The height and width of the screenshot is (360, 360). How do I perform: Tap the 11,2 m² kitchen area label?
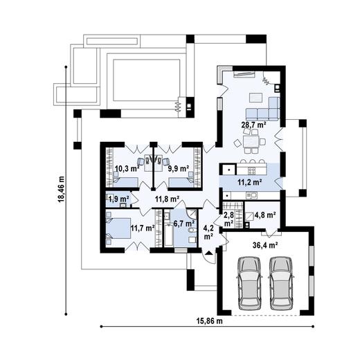coord(249,181)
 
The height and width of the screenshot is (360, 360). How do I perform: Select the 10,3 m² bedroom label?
coord(126,168)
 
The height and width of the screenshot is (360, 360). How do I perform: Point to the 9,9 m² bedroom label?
coord(179,168)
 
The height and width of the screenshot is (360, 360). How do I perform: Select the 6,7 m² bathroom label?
coord(183,224)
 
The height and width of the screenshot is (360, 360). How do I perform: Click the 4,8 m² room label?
coord(266,215)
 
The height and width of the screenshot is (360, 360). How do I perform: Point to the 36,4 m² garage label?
coord(266,244)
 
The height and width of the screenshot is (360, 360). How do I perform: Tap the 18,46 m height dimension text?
coord(61,195)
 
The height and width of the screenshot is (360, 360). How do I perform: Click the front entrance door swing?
coord(208,253)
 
